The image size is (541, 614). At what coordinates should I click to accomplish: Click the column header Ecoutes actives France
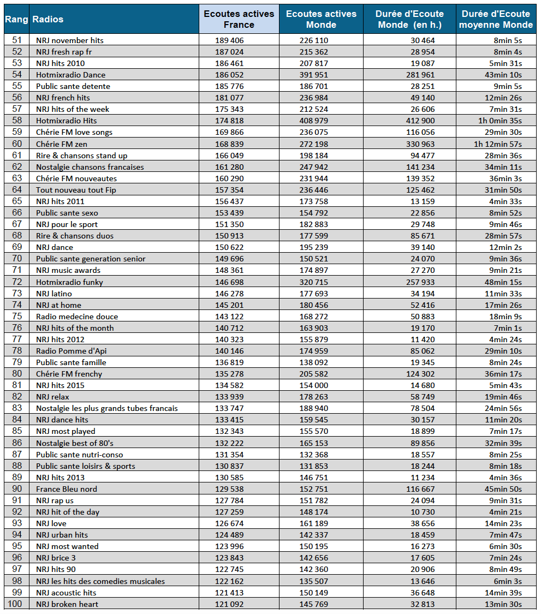tap(239, 19)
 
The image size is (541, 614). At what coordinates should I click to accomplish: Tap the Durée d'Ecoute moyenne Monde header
tap(496, 19)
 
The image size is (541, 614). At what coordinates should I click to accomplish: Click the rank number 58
tap(16, 121)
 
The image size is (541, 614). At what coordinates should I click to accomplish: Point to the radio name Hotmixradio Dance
tap(70, 75)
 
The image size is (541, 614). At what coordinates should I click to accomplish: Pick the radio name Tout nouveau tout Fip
tap(76, 190)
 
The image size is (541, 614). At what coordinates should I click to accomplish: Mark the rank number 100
tap(16, 604)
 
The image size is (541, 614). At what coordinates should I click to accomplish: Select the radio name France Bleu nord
tap(67, 489)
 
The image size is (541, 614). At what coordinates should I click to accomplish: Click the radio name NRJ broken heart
tap(67, 604)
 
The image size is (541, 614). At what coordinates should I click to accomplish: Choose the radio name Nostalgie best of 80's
tap(75, 443)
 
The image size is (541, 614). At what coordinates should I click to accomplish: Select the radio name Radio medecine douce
tap(77, 317)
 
